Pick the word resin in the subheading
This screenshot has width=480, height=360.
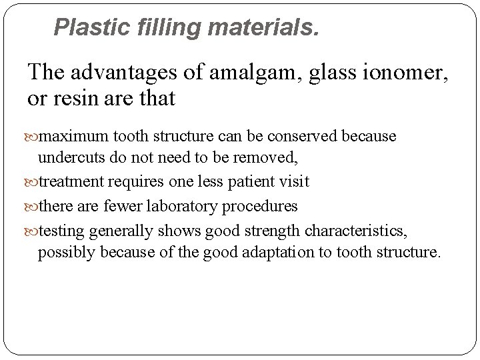(73, 99)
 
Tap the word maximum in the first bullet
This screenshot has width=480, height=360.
(67, 137)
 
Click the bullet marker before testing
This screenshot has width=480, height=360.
(33, 231)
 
